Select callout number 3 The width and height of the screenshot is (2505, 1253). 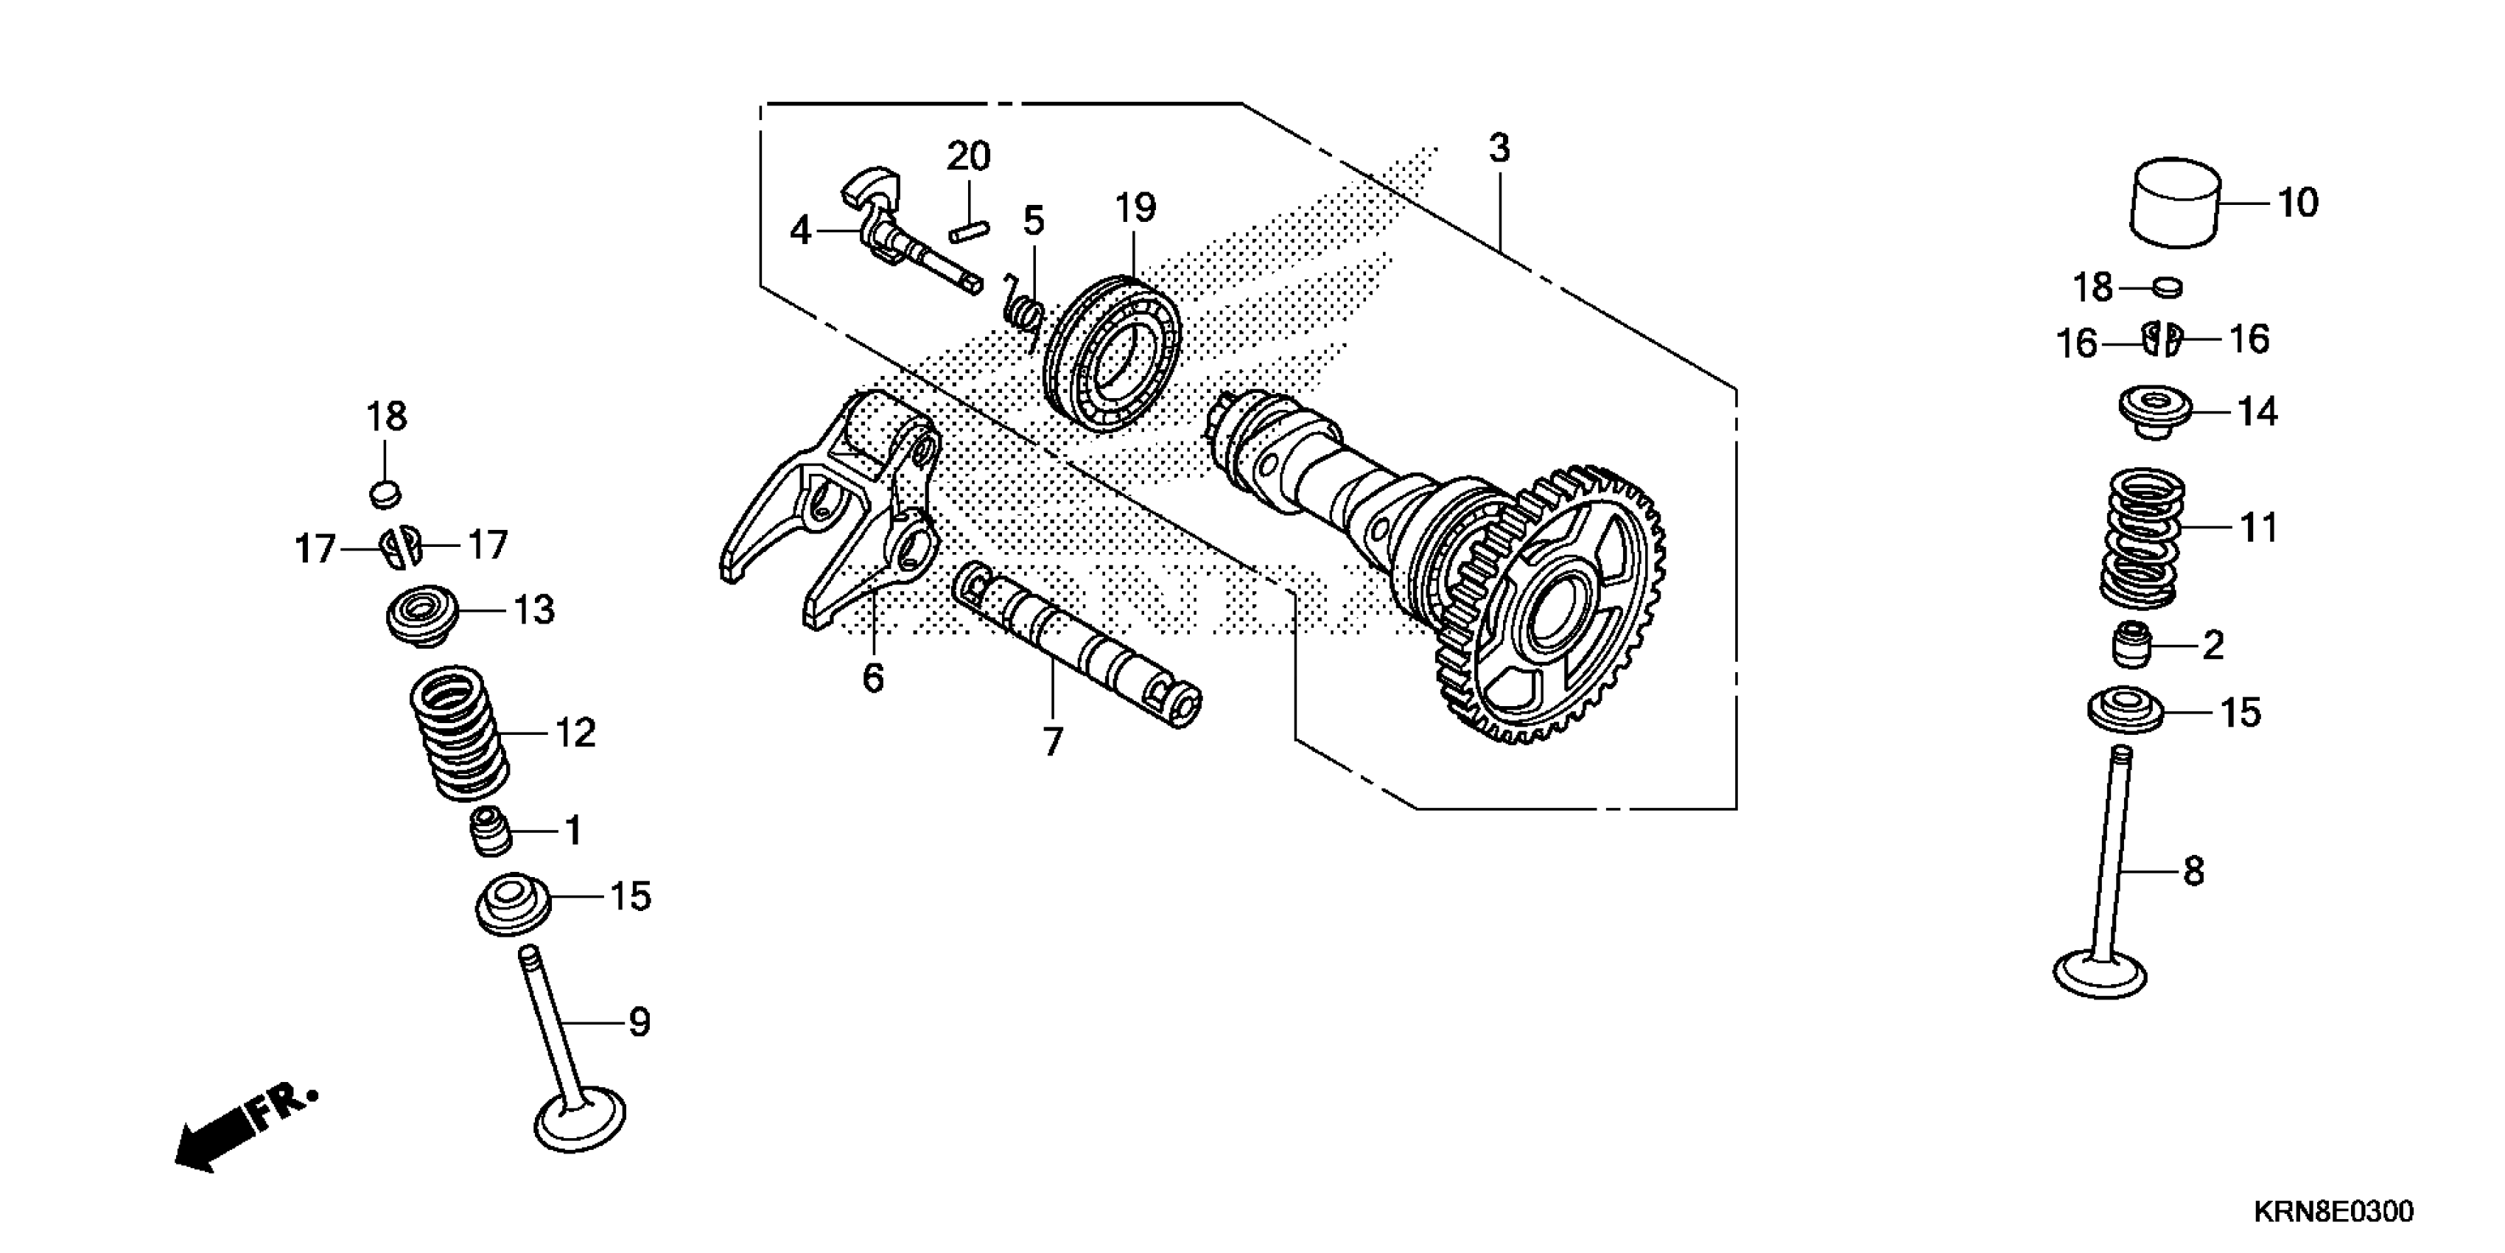coord(1499,149)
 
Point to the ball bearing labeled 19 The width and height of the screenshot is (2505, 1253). coord(1112,355)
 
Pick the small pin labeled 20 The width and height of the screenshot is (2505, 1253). coord(969,232)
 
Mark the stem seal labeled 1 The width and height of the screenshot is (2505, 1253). coord(492,831)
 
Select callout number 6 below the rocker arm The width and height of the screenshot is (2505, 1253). coord(873,678)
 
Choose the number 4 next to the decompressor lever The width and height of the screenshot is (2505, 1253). coord(799,231)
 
